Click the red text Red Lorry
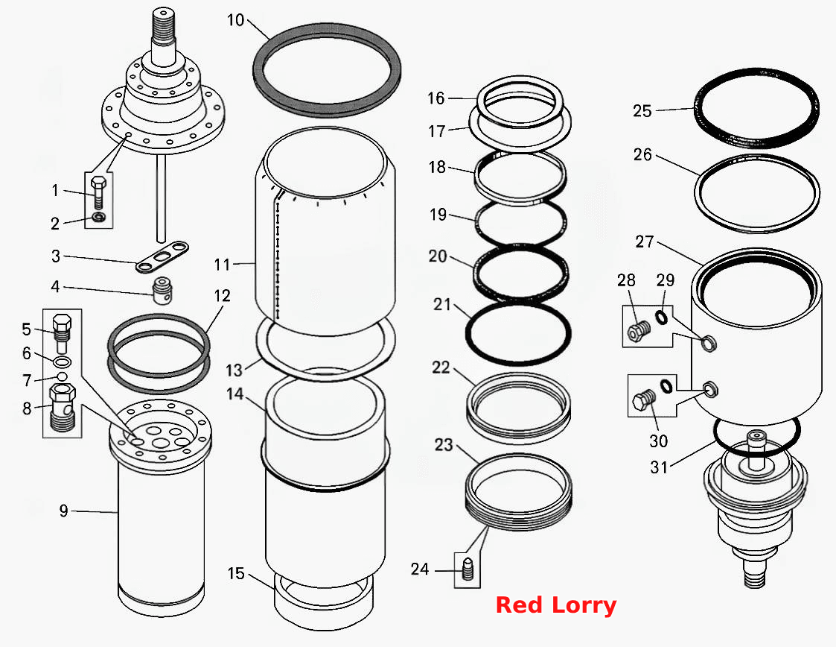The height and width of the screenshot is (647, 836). [556, 605]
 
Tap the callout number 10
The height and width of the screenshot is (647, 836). [235, 20]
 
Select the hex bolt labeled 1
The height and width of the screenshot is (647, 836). [98, 193]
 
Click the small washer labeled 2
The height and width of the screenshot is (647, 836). [98, 217]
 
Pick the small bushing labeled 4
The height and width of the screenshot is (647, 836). [162, 290]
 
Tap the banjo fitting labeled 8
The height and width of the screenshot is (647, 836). [63, 407]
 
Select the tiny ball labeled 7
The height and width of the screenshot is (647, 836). [63, 376]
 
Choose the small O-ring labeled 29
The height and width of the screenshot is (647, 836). [662, 317]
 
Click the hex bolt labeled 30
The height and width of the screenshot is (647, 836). [643, 400]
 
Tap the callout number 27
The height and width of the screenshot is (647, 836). [644, 242]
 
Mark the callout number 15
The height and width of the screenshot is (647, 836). [236, 573]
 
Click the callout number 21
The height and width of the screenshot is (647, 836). [442, 304]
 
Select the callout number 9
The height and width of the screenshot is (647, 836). [63, 511]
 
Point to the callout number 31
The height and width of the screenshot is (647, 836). [659, 467]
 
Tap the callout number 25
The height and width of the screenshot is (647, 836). [642, 111]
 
